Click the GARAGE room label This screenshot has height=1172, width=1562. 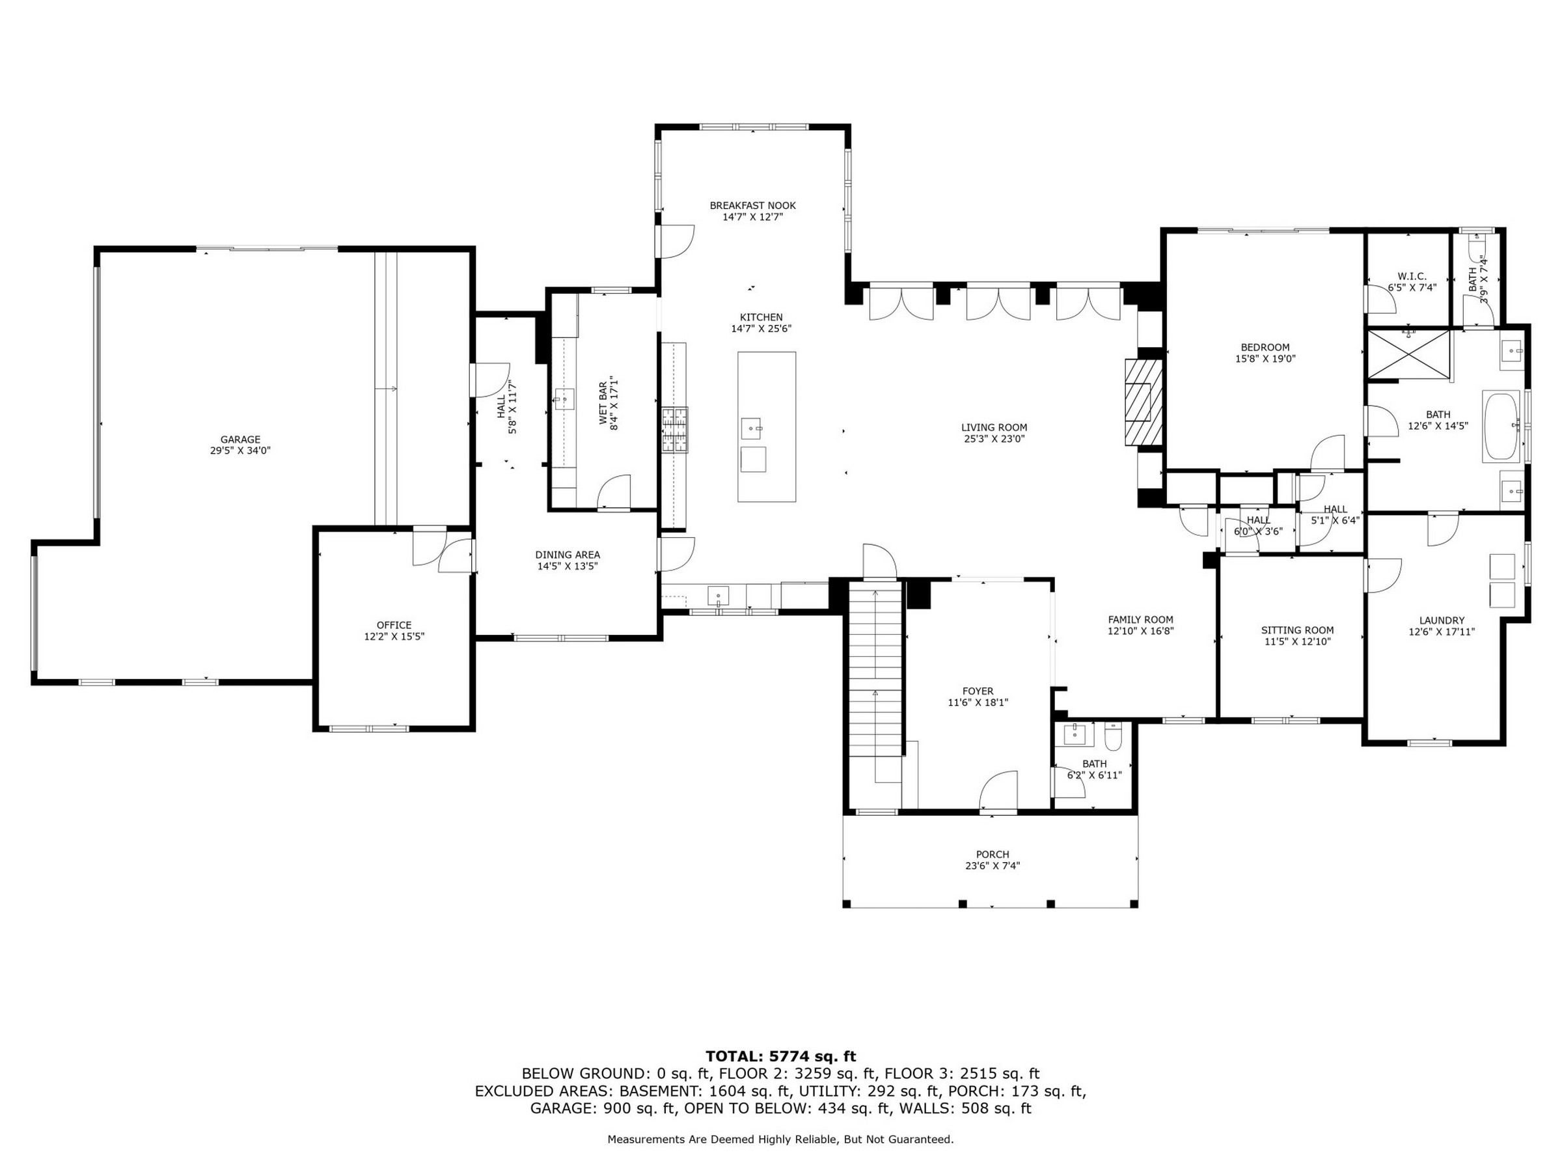point(240,439)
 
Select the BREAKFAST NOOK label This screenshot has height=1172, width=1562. point(753,206)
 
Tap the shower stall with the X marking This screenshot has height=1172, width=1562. point(1409,356)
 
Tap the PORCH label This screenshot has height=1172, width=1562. point(992,854)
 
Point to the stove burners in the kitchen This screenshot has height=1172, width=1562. point(674,430)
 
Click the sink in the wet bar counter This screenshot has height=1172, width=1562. point(564,399)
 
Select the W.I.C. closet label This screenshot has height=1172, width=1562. point(1412,276)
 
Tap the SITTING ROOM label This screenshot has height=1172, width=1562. point(1298,630)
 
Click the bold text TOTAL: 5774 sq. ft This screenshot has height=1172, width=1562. point(781,1056)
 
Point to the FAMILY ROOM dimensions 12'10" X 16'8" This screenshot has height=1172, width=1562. point(1140,631)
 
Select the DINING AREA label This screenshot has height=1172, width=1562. point(568,555)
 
